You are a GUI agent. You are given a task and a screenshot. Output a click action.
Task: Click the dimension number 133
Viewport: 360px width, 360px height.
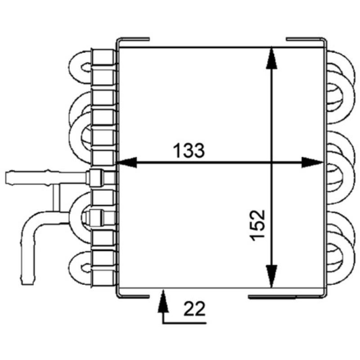(x=189, y=151)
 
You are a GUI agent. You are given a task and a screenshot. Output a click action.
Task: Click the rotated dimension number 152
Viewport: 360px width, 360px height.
(x=257, y=225)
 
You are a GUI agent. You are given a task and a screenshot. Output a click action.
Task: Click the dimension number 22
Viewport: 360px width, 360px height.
(x=194, y=309)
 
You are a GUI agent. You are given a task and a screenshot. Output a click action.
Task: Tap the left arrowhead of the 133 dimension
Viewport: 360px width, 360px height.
(x=127, y=162)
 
